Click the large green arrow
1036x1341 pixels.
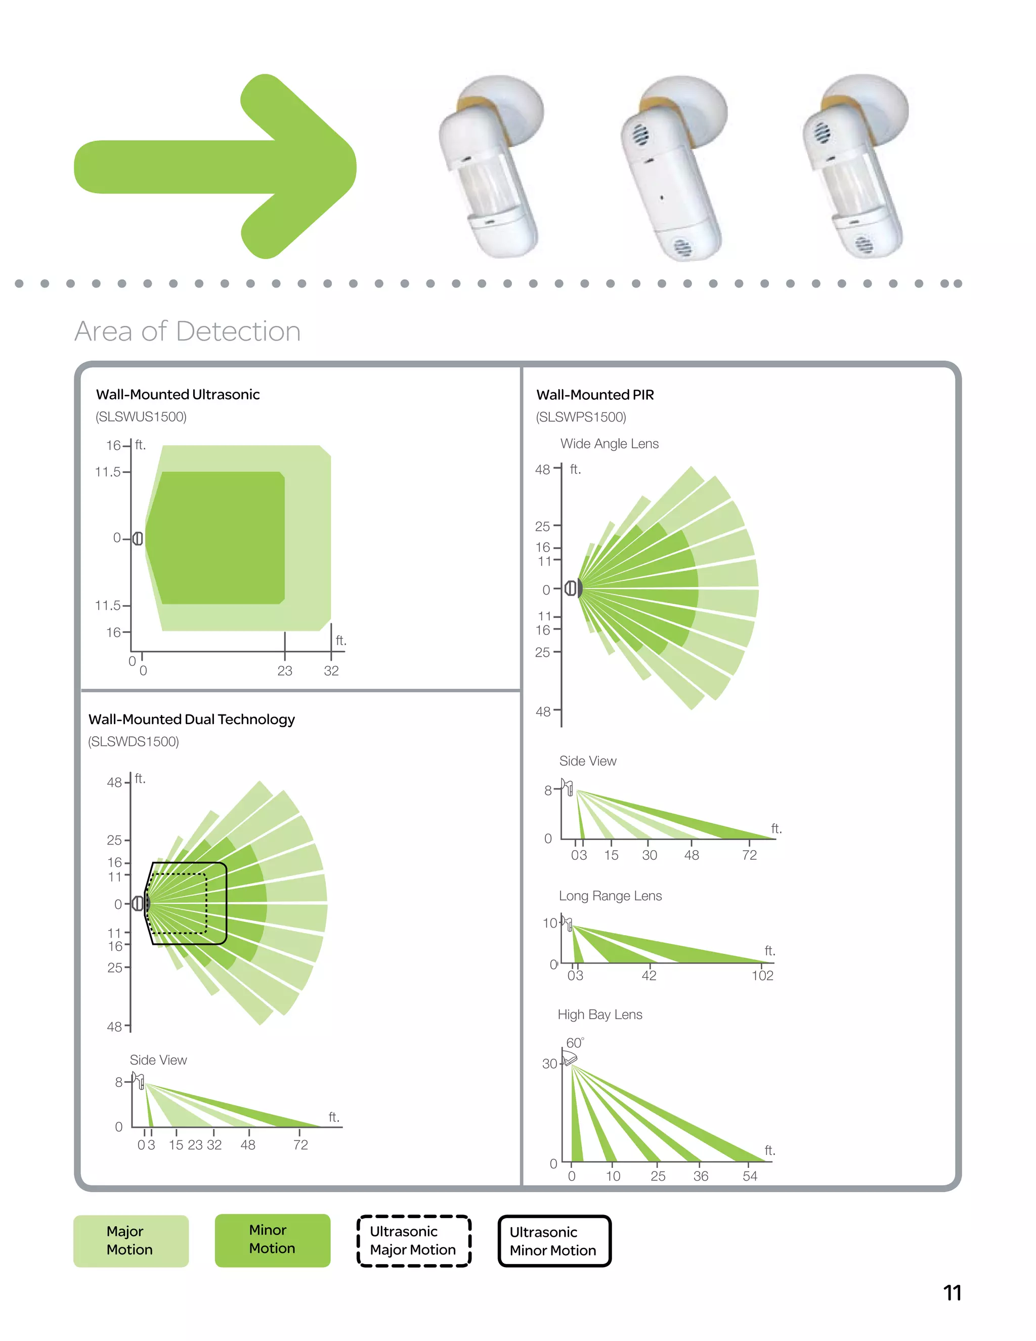[215, 167]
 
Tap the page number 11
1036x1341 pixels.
[952, 1293]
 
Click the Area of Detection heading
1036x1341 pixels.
[187, 331]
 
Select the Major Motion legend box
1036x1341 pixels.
[131, 1241]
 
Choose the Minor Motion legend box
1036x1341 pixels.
[272, 1240]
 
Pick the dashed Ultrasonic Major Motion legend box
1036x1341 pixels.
[413, 1241]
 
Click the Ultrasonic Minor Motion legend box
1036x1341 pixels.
[553, 1241]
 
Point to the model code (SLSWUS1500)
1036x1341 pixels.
[141, 417]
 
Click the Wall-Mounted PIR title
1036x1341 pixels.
[595, 395]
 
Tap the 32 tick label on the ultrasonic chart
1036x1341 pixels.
[331, 671]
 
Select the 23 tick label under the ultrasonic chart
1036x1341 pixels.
[285, 671]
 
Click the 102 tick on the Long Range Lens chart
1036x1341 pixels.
[762, 976]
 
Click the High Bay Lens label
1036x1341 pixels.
[599, 1015]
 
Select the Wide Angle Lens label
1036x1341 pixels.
[609, 444]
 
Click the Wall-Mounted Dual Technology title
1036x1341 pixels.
[192, 720]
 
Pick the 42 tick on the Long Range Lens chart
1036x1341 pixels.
[649, 976]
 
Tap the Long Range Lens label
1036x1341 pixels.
[610, 896]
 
